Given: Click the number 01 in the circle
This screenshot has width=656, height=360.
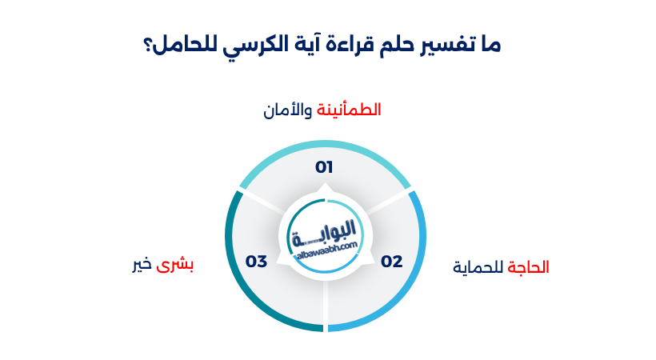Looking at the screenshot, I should pos(324,167).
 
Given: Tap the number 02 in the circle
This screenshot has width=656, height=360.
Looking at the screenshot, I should pos(391,261).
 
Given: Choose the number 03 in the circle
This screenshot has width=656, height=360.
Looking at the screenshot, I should pos(256,261).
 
